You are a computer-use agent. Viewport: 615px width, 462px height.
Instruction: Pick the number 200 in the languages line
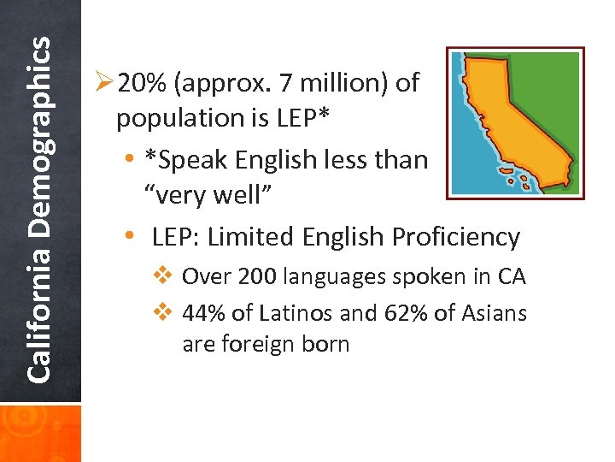(258, 277)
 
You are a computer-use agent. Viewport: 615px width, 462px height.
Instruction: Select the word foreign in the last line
(255, 345)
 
